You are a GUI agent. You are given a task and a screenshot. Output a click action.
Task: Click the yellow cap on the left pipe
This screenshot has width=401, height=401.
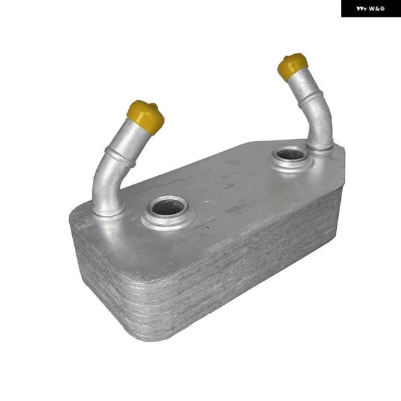pos(146,116)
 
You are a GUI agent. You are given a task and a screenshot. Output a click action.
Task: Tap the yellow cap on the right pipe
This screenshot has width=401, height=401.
pos(292,66)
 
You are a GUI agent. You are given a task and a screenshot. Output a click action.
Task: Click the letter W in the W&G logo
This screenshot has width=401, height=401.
pos(372,9)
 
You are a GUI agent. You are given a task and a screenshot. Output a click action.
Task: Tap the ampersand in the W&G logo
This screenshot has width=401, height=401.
pos(378,9)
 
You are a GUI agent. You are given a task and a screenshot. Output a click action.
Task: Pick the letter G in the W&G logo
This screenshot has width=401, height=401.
pos(382,9)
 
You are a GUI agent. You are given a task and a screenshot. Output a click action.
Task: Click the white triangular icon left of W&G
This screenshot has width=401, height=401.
pos(362,9)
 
